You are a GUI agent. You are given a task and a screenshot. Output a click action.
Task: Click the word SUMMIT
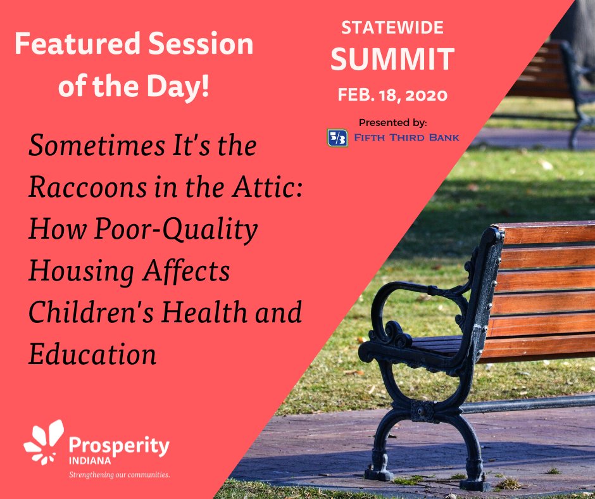(392, 60)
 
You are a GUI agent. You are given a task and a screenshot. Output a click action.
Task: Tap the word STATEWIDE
(392, 28)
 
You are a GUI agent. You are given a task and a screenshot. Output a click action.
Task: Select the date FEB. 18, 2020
(392, 95)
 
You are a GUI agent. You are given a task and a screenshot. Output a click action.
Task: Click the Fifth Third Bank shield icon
(337, 137)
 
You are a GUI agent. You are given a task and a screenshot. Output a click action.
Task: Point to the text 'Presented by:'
(392, 122)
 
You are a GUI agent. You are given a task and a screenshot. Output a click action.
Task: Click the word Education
(92, 353)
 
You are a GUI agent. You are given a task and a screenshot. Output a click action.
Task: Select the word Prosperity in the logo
(118, 444)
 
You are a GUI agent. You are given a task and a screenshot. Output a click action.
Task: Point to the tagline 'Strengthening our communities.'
(119, 473)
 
